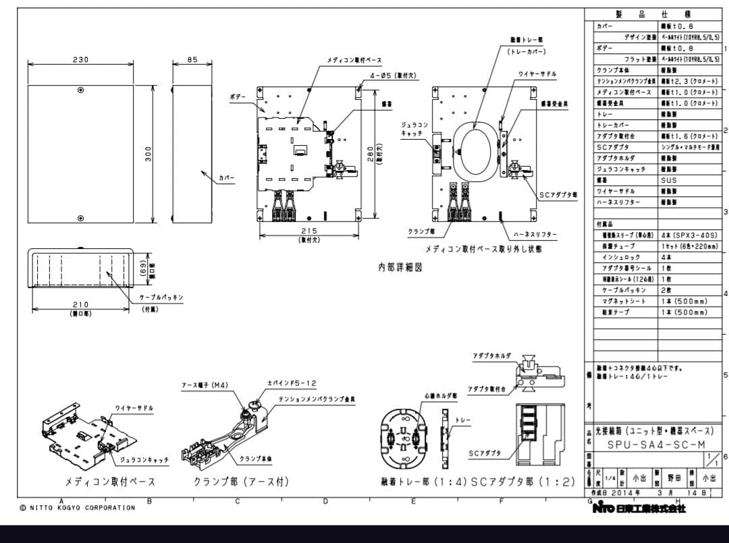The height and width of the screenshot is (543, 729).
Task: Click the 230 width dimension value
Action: pyautogui.click(x=80, y=60)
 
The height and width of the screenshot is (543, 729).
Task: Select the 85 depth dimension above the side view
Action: pyautogui.click(x=192, y=60)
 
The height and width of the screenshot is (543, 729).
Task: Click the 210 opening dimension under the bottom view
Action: pyautogui.click(x=80, y=305)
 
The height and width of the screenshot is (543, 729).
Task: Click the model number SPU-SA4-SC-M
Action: pyautogui.click(x=647, y=445)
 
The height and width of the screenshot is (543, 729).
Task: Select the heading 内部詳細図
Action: pyautogui.click(x=400, y=267)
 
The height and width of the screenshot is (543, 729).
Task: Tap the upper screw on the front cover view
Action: pyautogui.click(x=80, y=90)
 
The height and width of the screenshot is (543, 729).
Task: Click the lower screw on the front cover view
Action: pyautogui.click(x=80, y=218)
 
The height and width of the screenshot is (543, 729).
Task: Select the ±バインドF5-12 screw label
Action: pyautogui.click(x=292, y=383)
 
